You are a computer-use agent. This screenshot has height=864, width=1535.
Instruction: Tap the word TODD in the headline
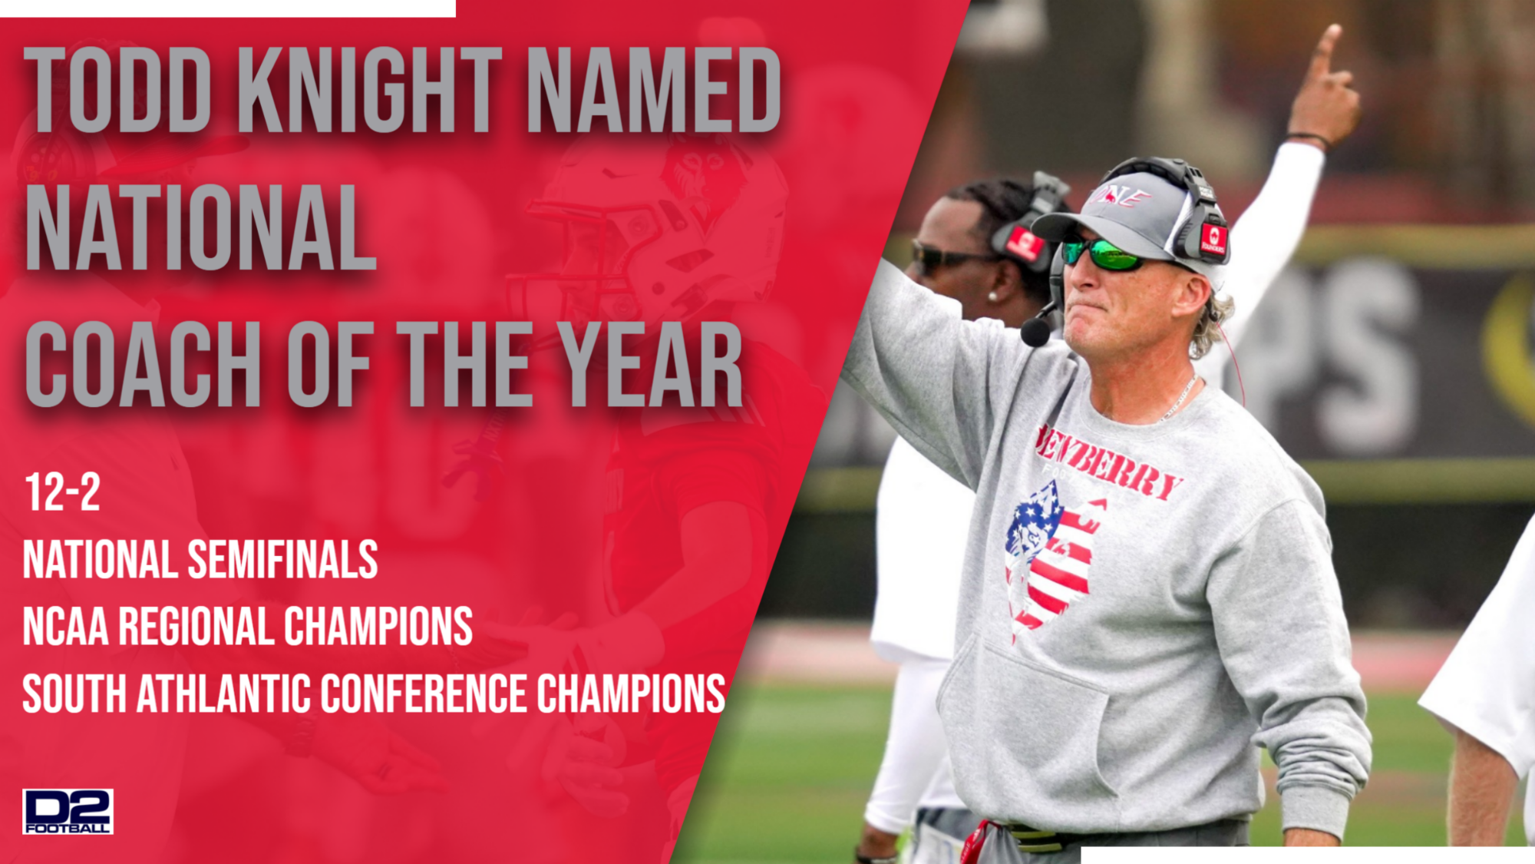point(118,91)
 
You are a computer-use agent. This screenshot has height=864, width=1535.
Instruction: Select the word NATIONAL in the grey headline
point(201,228)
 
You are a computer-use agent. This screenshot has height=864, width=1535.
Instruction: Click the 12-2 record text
point(62,492)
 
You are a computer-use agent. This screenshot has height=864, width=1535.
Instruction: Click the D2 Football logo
point(68,811)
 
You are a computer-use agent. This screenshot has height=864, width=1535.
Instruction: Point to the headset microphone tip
point(1035,333)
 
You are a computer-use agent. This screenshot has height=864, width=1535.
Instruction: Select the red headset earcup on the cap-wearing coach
point(1213,239)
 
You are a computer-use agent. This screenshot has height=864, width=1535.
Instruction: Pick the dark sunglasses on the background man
point(940,256)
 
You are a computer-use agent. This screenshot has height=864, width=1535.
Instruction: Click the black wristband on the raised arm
point(1309,139)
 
